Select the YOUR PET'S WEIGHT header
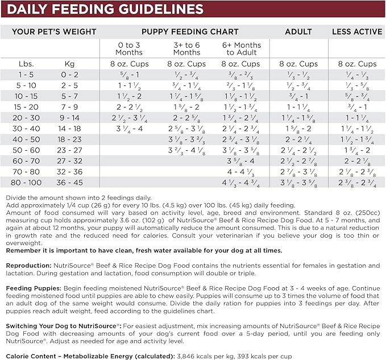click(x=50, y=32)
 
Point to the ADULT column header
click(x=299, y=32)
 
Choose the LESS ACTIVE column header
click(x=357, y=32)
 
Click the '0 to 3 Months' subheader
click(x=129, y=48)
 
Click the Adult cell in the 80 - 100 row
click(x=299, y=183)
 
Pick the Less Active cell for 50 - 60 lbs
click(x=357, y=150)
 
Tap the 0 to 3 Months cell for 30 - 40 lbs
click(x=129, y=129)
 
